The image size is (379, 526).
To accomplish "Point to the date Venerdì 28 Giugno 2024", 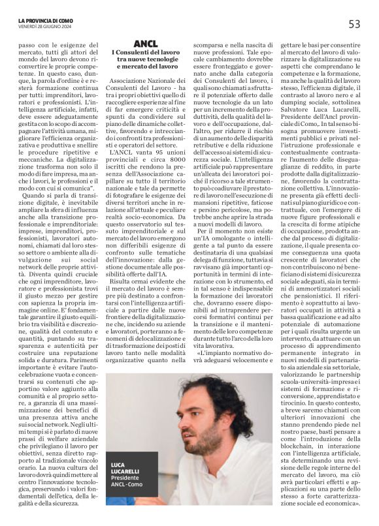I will point(43,27).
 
